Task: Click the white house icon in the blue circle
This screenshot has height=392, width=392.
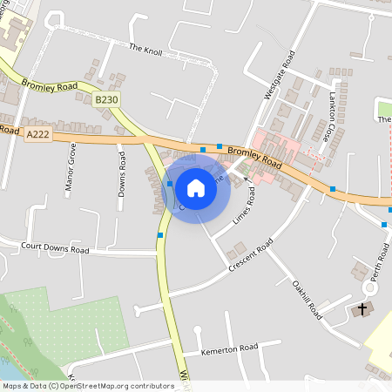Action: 196,187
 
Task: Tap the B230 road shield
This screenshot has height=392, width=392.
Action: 106,101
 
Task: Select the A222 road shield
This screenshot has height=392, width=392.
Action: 37,134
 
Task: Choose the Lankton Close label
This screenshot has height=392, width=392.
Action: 333,116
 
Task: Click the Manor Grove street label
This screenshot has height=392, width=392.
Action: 70,165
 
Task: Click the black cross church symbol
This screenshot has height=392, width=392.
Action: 362,309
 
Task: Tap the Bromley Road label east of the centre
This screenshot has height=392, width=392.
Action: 254,157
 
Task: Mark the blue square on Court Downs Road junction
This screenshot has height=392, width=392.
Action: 159,235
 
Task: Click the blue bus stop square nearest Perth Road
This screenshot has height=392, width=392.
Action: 384,224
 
